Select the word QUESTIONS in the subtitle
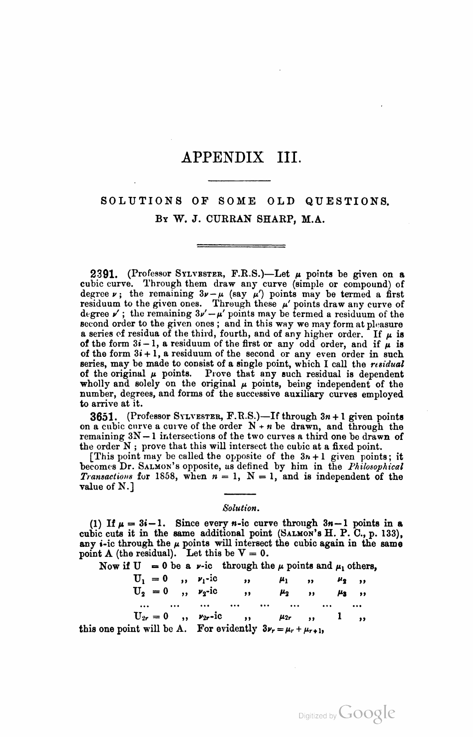[346, 201]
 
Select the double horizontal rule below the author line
[240, 246]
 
